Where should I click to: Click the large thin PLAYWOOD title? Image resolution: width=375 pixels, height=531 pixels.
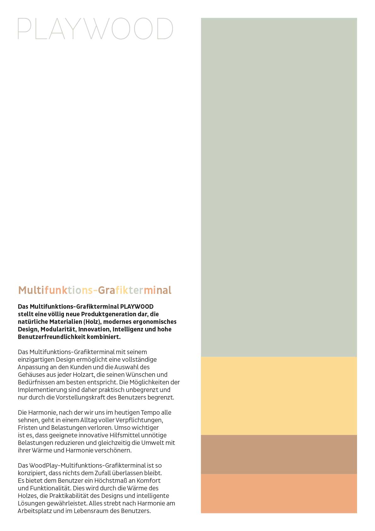point(95,29)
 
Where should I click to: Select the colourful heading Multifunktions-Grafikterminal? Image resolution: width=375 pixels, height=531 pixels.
point(95,290)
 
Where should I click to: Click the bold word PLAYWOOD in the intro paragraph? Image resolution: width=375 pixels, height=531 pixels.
point(137,306)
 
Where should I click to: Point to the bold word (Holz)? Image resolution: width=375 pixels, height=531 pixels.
point(92,322)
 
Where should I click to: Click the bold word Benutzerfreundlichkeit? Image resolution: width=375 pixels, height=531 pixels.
point(51,337)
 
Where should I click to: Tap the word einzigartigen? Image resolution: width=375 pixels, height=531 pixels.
point(36,359)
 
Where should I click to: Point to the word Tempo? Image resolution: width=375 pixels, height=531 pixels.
point(150,412)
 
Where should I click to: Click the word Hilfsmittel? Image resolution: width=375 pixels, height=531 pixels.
point(125,435)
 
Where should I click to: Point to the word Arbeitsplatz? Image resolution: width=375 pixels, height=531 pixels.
point(35,511)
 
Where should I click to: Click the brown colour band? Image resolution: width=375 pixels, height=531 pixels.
point(279,454)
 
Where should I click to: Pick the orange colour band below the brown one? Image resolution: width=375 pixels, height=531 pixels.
point(279,493)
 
